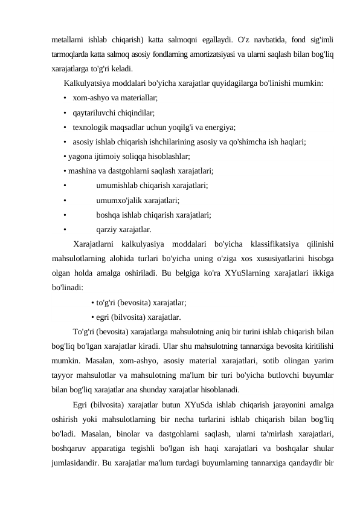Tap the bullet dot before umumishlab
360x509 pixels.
click(x=63, y=186)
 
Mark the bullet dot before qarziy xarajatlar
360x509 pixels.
click(x=63, y=230)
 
